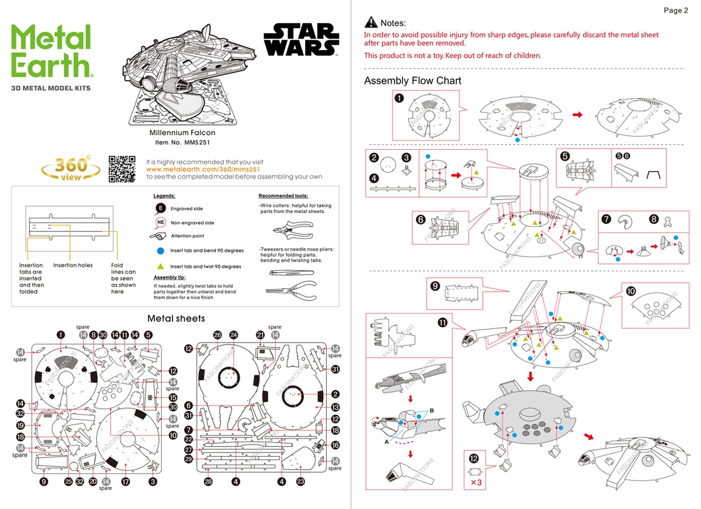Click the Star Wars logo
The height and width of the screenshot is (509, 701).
point(300,39)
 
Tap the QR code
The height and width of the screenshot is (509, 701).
point(122,169)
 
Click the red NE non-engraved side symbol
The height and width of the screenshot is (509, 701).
point(160,222)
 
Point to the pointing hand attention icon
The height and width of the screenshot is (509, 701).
point(158,236)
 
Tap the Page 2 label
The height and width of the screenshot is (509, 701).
point(676,10)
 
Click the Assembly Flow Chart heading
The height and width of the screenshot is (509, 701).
point(412,81)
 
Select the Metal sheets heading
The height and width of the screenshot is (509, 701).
point(176,318)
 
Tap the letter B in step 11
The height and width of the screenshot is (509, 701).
point(432,409)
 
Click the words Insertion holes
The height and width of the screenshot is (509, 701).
point(73,265)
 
